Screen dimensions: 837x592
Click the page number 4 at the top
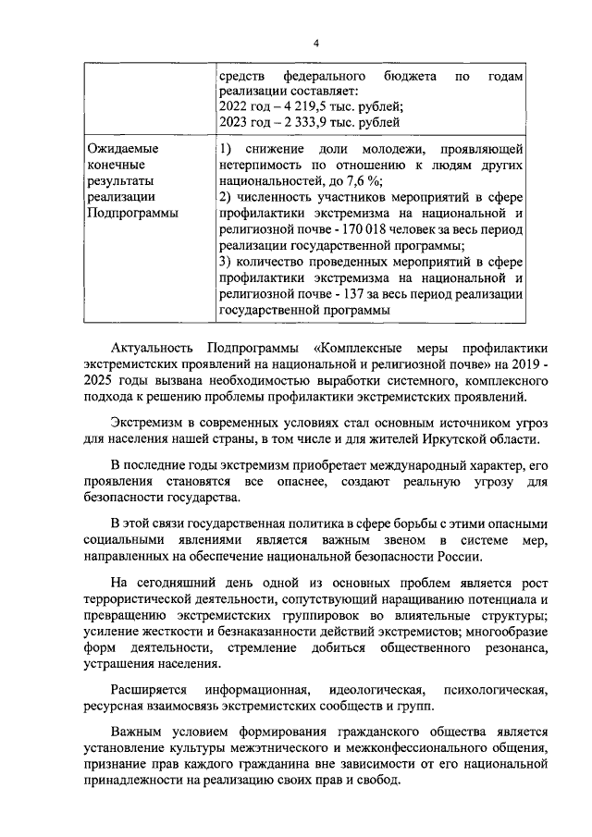315,44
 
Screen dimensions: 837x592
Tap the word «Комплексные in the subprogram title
352,349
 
